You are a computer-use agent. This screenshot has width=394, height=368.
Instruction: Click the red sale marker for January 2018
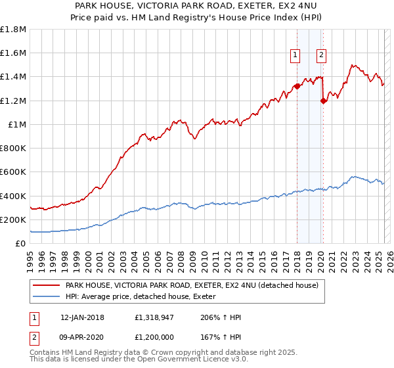[297, 86]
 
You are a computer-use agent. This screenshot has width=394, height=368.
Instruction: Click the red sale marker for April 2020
[322, 101]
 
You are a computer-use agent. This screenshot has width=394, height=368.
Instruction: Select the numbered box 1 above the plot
[295, 55]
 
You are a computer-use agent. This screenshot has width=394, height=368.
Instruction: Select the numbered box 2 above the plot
[321, 55]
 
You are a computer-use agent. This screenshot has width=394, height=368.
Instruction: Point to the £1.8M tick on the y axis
[13, 30]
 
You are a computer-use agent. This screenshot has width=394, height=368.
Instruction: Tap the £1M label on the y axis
[18, 124]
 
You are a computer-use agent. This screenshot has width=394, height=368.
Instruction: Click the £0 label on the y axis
[21, 243]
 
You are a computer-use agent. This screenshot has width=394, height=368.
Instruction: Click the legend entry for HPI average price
[145, 296]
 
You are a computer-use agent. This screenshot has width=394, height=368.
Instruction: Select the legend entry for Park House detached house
[192, 285]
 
